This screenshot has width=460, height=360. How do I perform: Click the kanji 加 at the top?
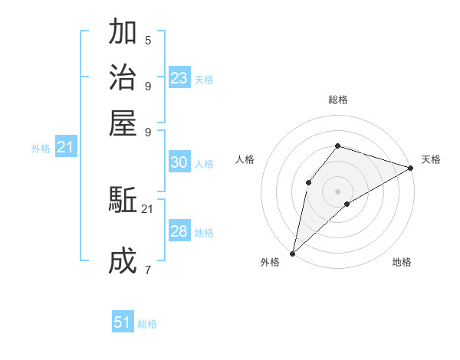point(123,33)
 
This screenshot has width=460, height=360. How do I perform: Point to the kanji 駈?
point(123,201)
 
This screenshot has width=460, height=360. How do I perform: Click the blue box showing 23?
point(179,78)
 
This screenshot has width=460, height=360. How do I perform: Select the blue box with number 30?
point(179,162)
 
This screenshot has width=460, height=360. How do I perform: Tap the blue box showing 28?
point(179,231)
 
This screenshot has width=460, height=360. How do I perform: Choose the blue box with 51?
point(123,322)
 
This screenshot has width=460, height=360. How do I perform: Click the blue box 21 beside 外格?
point(65,147)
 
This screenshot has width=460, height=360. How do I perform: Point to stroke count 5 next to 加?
point(148,40)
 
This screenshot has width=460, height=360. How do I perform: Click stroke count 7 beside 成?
point(148,270)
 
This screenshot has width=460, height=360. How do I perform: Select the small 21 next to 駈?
point(148,208)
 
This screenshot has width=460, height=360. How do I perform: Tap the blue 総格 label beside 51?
point(147,324)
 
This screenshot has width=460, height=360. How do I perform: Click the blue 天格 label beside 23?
point(204,79)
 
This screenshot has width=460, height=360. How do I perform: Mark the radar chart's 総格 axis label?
point(337,100)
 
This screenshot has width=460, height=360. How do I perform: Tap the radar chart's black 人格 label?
point(245,159)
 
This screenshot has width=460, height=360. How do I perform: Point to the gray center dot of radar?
point(337,191)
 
